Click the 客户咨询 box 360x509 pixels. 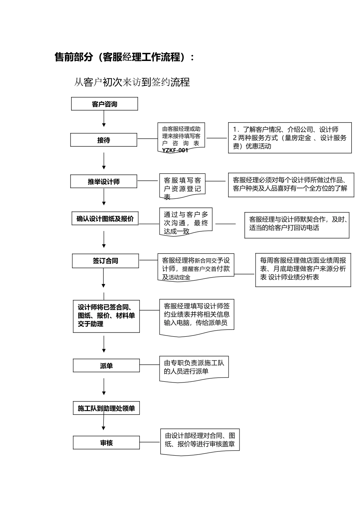point(104,104)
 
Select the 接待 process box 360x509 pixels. point(103,140)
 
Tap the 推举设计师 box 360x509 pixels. point(103,181)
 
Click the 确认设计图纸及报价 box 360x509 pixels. point(105,219)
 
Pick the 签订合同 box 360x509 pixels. point(106,261)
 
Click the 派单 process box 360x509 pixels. point(106,366)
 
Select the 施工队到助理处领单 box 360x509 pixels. point(106,408)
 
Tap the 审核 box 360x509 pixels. point(106,443)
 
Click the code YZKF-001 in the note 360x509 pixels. point(175,150)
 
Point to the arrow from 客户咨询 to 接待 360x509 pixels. point(104,119)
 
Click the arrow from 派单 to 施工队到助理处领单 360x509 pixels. point(104,387)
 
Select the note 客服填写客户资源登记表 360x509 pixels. point(182,188)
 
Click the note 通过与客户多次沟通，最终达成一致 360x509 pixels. point(186,222)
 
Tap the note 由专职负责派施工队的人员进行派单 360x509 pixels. point(194,367)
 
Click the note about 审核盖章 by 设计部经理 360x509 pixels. point(200,440)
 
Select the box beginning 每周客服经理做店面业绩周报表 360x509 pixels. point(303,269)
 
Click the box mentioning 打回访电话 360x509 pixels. point(297,225)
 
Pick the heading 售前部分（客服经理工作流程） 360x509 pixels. point(125,57)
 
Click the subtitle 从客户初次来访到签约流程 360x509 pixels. point(132,82)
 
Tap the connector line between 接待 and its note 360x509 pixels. point(147,139)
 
